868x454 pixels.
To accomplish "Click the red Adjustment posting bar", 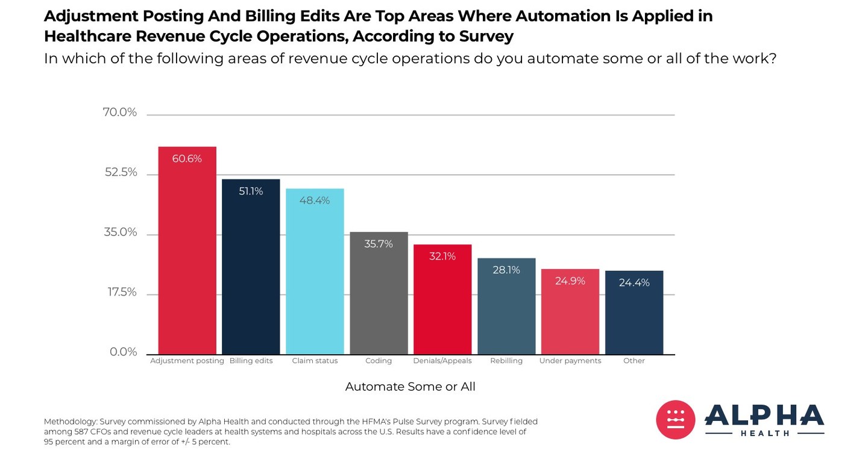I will (187, 253).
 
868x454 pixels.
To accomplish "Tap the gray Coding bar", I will (379, 295).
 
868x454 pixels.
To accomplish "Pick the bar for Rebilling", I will (506, 307).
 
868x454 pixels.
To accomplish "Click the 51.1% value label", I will (251, 191).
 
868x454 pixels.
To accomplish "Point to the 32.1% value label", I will (442, 257).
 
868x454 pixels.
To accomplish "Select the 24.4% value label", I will (634, 282).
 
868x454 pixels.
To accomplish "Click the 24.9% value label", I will (570, 281).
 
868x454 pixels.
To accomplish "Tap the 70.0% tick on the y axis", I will (120, 113).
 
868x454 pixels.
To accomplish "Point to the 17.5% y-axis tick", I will (122, 293).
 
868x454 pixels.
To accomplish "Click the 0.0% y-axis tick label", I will (124, 352).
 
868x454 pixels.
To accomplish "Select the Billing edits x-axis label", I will (251, 361).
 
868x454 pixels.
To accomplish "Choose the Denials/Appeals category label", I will (442, 361).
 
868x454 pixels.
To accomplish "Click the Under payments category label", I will (570, 361).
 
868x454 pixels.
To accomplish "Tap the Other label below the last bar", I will (634, 361).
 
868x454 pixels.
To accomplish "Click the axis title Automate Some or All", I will (410, 387).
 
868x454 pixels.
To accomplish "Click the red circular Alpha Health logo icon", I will (676, 420).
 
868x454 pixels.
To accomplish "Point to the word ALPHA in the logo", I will (764, 416).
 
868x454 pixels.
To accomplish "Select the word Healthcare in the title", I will (88, 36).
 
